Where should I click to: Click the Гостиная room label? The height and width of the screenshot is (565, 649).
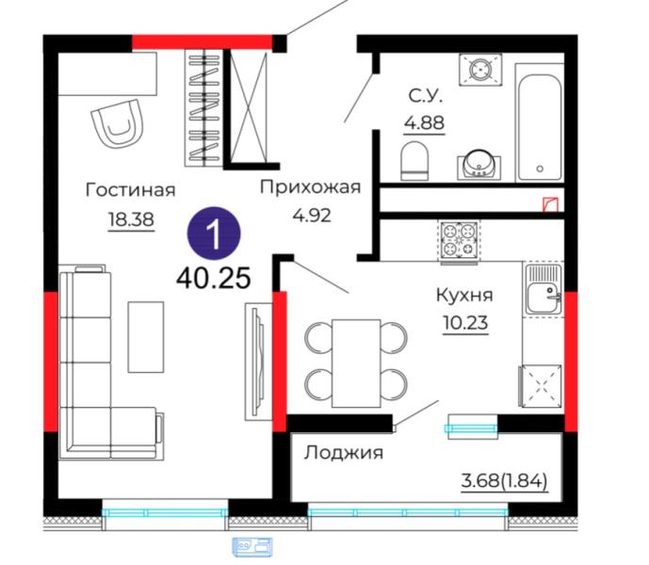130,190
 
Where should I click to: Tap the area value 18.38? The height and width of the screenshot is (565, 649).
131,218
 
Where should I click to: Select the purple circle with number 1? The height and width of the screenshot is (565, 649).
214,233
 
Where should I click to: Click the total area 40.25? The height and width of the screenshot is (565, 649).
214,278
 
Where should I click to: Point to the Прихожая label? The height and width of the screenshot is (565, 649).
311,187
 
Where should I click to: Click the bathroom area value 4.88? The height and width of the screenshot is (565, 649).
425,122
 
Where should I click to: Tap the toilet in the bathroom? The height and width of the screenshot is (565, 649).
414,161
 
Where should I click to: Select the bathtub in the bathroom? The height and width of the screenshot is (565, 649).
540,123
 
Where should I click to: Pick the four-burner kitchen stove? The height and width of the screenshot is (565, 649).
460,242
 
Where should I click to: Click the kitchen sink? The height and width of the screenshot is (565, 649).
544,289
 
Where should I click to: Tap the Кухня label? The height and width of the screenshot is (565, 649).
464,296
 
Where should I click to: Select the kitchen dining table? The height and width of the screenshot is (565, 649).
356,363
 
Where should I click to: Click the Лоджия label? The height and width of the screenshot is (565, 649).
344,453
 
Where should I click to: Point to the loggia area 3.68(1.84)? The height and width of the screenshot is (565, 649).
504,481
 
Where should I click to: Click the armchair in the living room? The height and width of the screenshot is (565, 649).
118,123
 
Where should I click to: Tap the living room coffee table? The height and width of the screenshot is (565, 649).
146,337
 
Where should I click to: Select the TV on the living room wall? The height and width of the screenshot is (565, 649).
259,361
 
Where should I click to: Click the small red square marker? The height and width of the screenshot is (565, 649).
551,204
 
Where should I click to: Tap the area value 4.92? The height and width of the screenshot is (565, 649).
312,216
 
